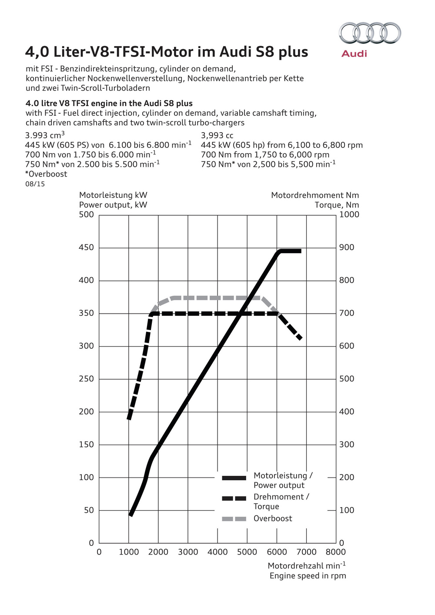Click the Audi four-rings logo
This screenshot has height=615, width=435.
tap(370, 33)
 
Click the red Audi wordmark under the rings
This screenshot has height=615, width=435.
tap(354, 53)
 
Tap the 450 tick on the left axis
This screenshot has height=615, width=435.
tap(86, 247)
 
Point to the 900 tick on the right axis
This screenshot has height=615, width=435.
tap(347, 247)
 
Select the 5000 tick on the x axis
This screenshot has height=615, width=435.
tap(247, 552)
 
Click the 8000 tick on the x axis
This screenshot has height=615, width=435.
tap(336, 552)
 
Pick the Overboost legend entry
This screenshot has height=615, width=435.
tap(273, 518)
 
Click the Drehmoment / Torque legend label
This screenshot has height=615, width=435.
tap(281, 501)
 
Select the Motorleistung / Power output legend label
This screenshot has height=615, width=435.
tap(283, 480)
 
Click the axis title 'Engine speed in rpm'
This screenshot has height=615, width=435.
tap(308, 576)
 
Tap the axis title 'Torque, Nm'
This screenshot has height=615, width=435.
tap(337, 205)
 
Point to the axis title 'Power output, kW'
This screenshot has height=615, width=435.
tap(113, 205)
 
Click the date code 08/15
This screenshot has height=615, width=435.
tap(35, 184)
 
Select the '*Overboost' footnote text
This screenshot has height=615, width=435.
tap(46, 174)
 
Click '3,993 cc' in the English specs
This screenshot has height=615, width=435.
tap(217, 136)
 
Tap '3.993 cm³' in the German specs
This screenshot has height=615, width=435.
tap(45, 135)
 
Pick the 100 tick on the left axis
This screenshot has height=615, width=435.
tap(86, 478)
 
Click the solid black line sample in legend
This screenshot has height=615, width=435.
tap(234, 478)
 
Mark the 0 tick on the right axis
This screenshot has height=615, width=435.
tap(341, 543)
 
